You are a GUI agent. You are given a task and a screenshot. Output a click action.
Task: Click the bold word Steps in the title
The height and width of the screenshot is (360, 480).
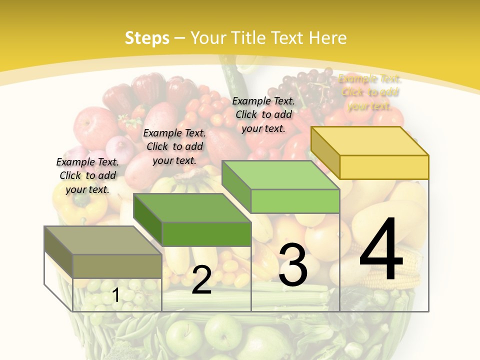click(147, 38)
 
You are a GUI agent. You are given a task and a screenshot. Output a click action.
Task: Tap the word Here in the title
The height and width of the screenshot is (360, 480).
click(328, 38)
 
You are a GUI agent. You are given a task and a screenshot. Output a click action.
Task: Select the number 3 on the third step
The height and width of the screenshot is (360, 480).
click(293, 264)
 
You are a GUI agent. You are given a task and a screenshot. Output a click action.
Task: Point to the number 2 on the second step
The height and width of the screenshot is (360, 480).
click(201, 280)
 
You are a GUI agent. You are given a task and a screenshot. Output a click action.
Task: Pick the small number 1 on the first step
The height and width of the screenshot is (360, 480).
click(116, 295)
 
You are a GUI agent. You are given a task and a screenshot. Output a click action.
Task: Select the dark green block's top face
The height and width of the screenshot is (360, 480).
click(192, 208)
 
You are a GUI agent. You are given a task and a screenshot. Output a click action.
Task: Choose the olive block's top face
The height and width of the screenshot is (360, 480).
click(103, 240)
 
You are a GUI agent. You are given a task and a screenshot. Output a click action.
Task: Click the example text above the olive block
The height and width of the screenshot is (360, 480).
click(87, 175)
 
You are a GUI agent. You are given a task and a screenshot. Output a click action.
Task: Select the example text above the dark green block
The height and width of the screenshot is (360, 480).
click(174, 146)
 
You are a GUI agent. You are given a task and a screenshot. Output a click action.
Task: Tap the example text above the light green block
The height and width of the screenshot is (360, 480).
click(263, 114)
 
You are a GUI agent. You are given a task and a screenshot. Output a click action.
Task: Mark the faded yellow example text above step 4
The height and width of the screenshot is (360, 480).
click(369, 92)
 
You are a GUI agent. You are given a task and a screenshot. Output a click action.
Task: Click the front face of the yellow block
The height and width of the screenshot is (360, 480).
click(384, 167)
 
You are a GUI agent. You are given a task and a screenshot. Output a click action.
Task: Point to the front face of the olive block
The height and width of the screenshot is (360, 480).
click(117, 266)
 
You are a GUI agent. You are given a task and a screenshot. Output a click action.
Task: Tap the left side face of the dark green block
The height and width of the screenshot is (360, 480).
click(148, 219)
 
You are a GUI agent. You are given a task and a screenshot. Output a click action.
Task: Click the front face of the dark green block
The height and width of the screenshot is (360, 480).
click(206, 234)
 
